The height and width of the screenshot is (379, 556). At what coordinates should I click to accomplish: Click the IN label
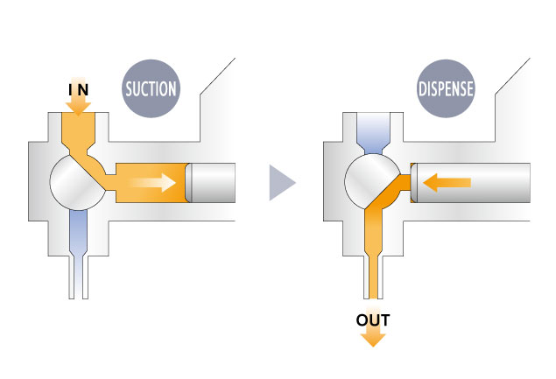pos(78,88)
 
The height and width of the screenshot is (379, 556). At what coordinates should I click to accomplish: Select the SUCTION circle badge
pos(151,88)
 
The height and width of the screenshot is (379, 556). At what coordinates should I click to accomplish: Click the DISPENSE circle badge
pos(446,88)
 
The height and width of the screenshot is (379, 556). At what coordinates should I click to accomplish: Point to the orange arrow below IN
pos(78,106)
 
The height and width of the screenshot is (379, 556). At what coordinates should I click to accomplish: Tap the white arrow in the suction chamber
pos(154,183)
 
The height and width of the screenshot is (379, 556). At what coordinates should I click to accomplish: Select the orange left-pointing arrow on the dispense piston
pos(446,182)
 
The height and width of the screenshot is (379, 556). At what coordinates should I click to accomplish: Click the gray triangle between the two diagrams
pos(282,183)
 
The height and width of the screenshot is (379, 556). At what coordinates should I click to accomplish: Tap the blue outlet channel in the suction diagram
pos(77,232)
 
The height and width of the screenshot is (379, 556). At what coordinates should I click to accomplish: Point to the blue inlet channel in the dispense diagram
pos(372,135)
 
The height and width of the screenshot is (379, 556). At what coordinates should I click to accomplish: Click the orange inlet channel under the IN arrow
pos(78,135)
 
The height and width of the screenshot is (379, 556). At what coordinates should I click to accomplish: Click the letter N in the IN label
pos(83,88)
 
